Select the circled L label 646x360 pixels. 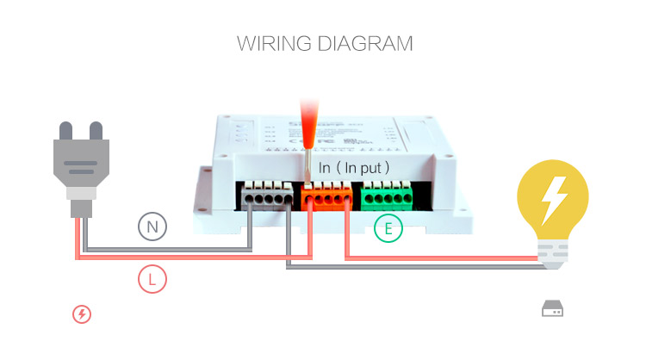click(x=152, y=279)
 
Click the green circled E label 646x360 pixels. click(x=388, y=228)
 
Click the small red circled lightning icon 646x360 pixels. click(x=82, y=314)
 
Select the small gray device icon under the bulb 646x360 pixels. click(x=552, y=308)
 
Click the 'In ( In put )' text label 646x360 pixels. click(x=354, y=167)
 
